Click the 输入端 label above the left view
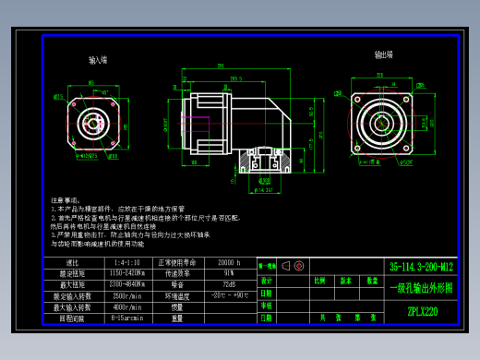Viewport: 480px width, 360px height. tap(98, 60)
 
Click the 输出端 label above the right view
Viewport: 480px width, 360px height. tap(384, 54)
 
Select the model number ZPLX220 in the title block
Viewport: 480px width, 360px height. tap(422, 311)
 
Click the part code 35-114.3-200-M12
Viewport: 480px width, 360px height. tap(422, 265)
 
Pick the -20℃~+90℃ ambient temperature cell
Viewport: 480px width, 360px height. tap(229, 296)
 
